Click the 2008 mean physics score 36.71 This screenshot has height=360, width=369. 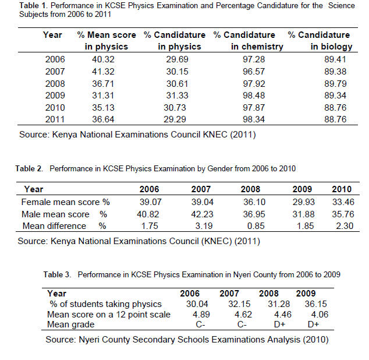[x=103, y=84]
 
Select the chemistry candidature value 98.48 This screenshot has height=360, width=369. [x=254, y=96]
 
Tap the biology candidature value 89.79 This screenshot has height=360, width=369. [x=335, y=84]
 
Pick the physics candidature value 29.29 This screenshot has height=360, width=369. [x=175, y=119]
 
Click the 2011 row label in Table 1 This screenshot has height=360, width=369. [x=55, y=119]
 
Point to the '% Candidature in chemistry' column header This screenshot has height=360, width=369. [x=249, y=41]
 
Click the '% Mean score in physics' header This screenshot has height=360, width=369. [x=107, y=41]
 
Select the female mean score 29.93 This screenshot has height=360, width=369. [x=304, y=202]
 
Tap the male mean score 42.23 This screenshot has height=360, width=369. [x=202, y=214]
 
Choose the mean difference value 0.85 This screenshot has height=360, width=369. [x=256, y=226]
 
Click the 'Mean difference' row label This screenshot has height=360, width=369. [x=54, y=226]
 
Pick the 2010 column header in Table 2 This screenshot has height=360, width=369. [x=342, y=189]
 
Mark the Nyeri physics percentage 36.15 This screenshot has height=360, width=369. [x=316, y=304]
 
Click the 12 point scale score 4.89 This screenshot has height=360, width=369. [x=201, y=315]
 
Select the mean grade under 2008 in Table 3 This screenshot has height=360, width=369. [x=279, y=324]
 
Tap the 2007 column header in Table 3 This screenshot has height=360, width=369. [x=229, y=294]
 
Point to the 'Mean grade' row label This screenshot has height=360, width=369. [x=70, y=324]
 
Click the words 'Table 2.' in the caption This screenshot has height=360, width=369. [x=29, y=169]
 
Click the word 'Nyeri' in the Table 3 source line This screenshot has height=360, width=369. [x=89, y=340]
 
